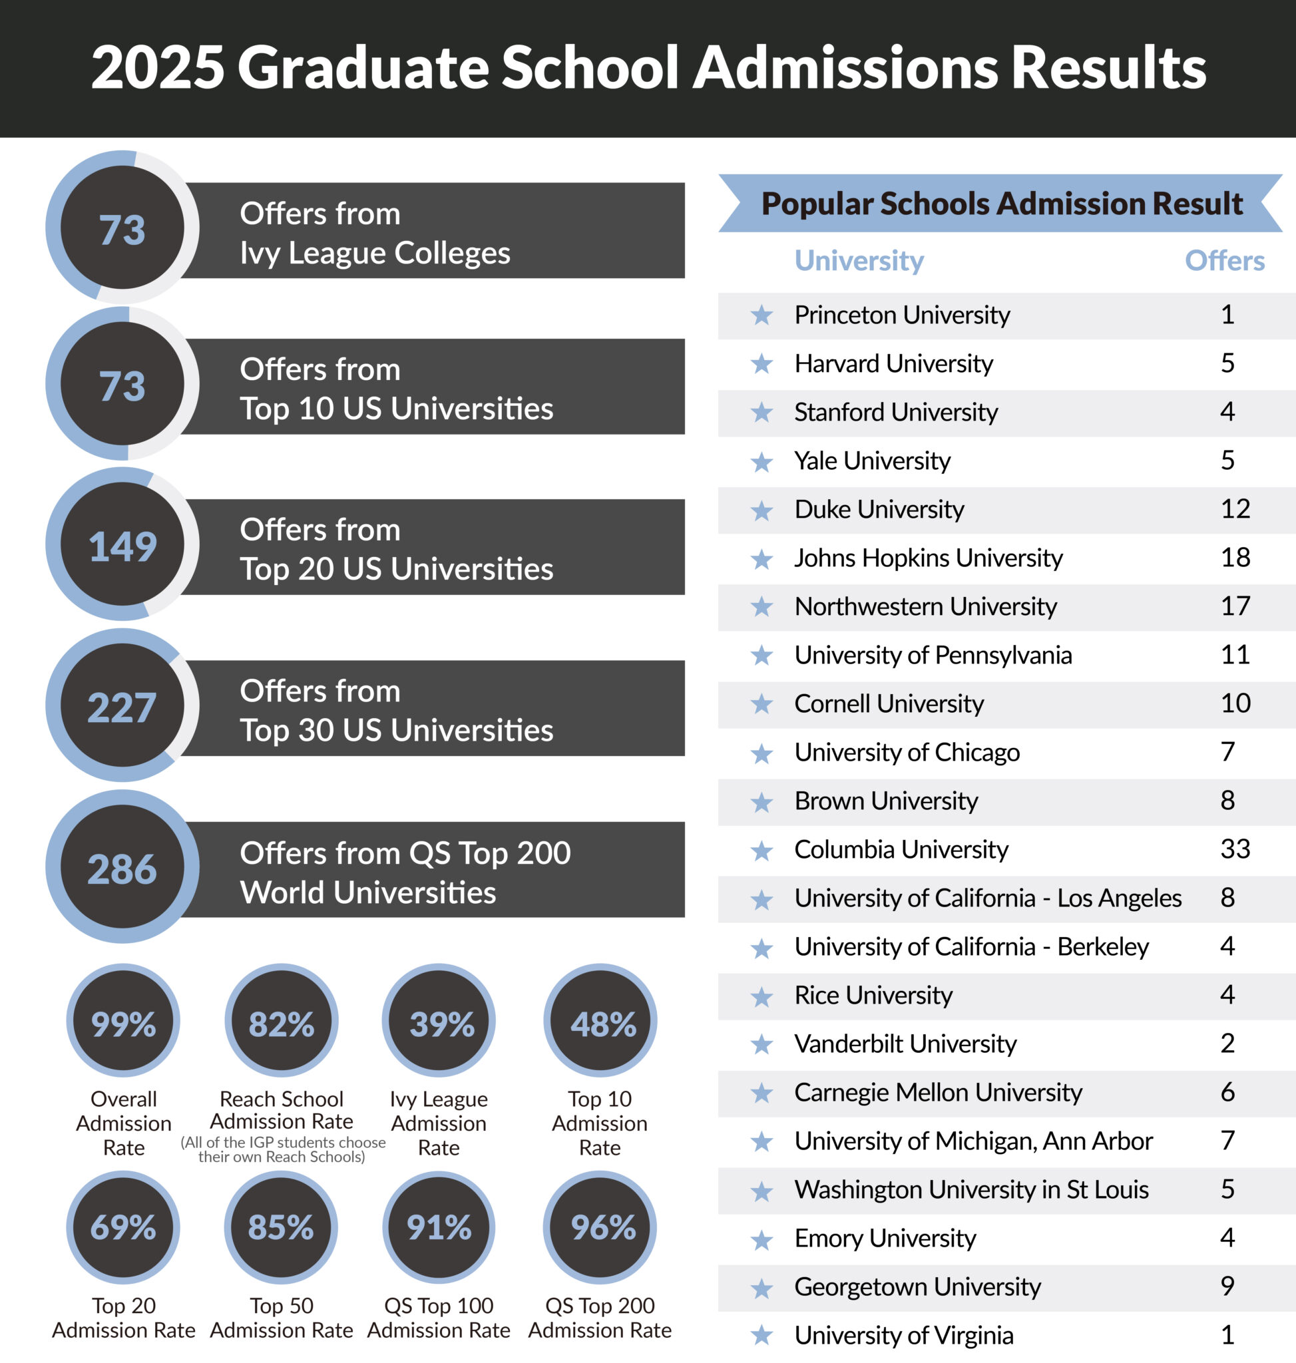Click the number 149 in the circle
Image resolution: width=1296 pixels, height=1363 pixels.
point(122,546)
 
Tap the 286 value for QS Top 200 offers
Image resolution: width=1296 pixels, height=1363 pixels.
point(122,869)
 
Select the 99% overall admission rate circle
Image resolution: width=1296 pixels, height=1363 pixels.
point(123,1023)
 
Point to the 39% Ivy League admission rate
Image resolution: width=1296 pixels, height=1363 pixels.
point(441,1023)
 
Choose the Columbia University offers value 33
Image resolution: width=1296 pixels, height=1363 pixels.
point(1235,849)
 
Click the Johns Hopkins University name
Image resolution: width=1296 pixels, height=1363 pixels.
point(928,558)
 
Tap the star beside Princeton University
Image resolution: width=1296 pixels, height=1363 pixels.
point(761,315)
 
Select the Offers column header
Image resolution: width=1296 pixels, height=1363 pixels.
point(1224,260)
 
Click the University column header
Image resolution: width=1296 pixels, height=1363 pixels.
point(859,260)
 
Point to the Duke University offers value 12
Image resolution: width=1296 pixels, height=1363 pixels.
point(1235,508)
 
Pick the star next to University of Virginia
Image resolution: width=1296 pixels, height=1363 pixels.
point(761,1334)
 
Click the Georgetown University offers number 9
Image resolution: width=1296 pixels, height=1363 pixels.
point(1227,1286)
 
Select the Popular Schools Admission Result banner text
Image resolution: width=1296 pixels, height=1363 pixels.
point(1001,203)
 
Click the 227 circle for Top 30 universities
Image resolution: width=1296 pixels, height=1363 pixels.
point(122,707)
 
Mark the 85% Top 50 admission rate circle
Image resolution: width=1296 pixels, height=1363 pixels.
point(280,1227)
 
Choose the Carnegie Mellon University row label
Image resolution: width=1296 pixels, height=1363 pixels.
point(937,1092)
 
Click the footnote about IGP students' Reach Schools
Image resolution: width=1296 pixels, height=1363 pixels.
point(282,1149)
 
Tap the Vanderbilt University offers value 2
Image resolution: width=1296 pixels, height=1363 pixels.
point(1227,1043)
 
